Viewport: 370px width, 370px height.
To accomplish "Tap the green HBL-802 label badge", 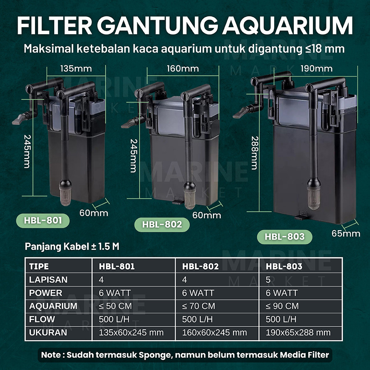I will [158, 225].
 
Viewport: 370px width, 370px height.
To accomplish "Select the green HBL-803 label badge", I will [284, 237].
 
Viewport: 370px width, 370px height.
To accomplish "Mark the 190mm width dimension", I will [316, 68].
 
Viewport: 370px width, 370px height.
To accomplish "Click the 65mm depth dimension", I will [346, 234].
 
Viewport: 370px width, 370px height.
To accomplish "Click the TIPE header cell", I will [39, 266].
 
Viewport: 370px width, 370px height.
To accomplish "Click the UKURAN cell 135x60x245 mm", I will [131, 332].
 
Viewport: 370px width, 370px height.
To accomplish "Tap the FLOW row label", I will [42, 319].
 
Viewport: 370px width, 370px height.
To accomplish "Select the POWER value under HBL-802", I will [198, 293].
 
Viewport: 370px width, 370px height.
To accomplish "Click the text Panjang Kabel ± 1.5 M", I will [72, 247].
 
